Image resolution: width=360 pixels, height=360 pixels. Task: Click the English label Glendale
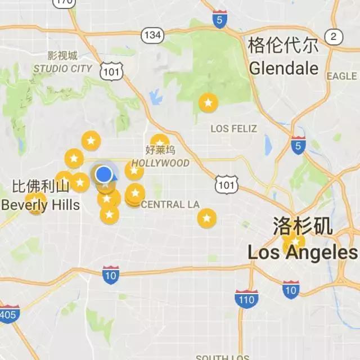(x=283, y=69)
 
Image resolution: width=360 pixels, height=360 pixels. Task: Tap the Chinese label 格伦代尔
(x=283, y=45)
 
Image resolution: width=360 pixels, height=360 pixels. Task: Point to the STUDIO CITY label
(x=63, y=69)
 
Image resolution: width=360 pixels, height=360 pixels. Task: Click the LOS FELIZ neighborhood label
(x=233, y=129)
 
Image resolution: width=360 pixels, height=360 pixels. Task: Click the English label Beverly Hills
(x=40, y=204)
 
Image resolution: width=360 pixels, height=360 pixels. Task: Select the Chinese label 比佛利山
(x=40, y=186)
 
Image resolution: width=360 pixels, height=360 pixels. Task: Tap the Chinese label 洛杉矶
(x=303, y=226)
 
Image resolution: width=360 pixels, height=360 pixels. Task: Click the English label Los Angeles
(x=303, y=253)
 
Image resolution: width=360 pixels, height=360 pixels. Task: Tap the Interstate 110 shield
(x=246, y=299)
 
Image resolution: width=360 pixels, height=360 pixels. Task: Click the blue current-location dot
(x=103, y=174)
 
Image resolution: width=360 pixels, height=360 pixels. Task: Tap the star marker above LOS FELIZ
(x=208, y=103)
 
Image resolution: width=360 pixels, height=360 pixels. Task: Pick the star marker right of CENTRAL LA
(x=207, y=218)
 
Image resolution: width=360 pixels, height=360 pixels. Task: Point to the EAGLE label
(x=341, y=76)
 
